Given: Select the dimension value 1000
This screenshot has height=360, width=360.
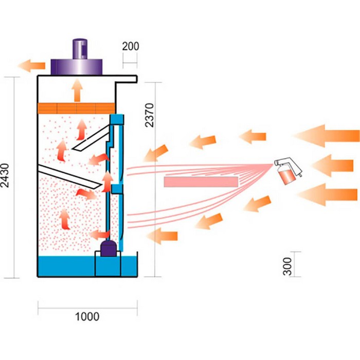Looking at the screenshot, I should pyautogui.click(x=87, y=316).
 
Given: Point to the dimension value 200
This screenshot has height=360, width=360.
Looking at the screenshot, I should pyautogui.click(x=131, y=46).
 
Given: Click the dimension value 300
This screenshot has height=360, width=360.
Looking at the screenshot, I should pyautogui.click(x=287, y=264).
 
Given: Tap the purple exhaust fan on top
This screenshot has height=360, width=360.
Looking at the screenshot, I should pyautogui.click(x=78, y=57).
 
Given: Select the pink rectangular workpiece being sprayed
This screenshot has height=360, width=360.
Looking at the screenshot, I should pyautogui.click(x=201, y=182).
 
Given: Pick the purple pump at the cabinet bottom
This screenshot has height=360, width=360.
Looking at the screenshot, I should pyautogui.click(x=109, y=248).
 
